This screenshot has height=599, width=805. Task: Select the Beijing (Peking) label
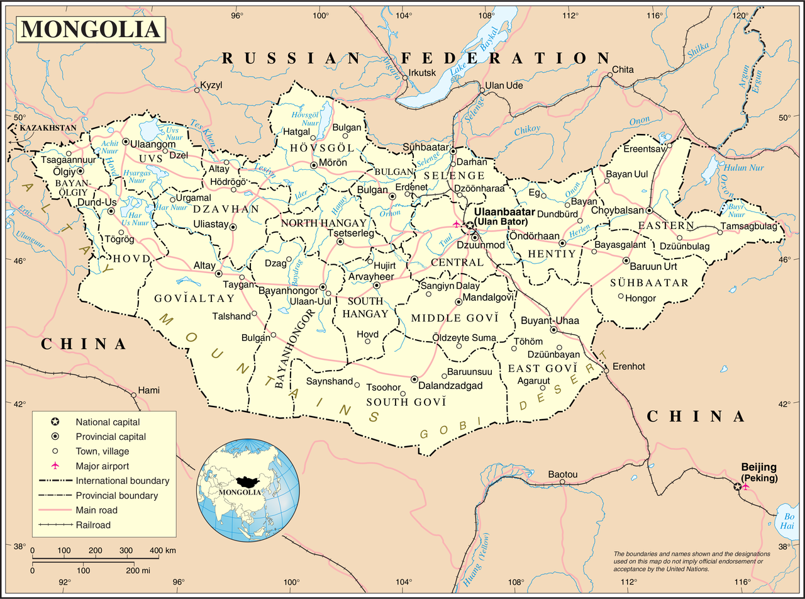[x=758, y=473]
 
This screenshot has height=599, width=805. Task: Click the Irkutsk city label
[x=422, y=73]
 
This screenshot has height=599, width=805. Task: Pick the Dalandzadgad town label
[x=452, y=386]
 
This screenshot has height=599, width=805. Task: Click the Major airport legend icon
[x=55, y=466]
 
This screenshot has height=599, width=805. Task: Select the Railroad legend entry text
[x=92, y=525]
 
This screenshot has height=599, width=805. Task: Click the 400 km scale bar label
[x=162, y=551]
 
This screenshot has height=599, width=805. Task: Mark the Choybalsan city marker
[x=648, y=210]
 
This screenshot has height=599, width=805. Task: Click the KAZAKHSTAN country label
[x=48, y=128]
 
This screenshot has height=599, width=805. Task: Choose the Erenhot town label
[x=629, y=366]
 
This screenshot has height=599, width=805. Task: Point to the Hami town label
[x=149, y=389]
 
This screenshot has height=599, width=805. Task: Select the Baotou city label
[x=562, y=474]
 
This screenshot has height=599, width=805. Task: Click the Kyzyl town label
[x=211, y=85]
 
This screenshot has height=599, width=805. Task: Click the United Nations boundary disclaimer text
[x=688, y=561]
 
